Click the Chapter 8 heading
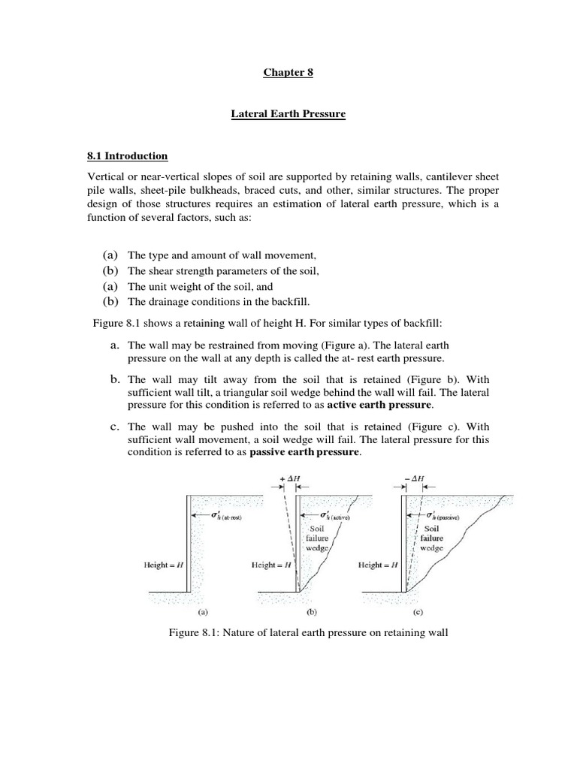click(287, 73)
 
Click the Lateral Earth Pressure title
click(288, 115)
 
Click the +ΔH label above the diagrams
click(290, 478)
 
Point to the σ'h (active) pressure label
click(334, 516)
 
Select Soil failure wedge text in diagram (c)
click(431, 538)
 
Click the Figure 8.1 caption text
click(308, 633)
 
